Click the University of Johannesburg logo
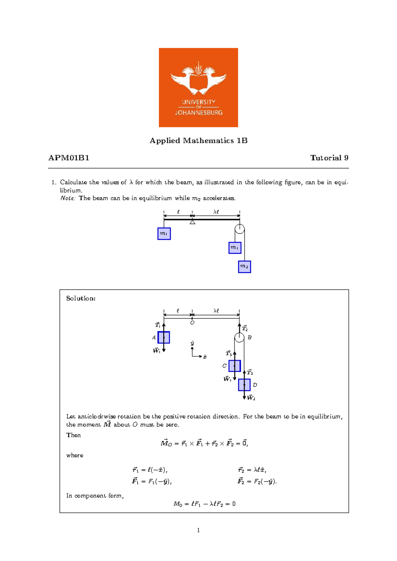pos(198,87)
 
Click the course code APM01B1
pos(69,158)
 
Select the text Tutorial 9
pos(329,158)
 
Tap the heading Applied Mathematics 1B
pos(198,141)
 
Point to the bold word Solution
pos(81,298)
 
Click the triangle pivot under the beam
pos(192,222)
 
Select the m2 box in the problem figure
pos(244,267)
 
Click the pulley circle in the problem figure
pos(240,229)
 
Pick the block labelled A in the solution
pos(164,337)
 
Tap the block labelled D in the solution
pos(244,385)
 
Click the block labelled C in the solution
pos(235,366)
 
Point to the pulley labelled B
pos(239,338)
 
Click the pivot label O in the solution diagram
pos(192,323)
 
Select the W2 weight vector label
pos(251,398)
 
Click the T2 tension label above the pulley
pos(245,328)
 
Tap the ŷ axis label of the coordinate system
pos(192,343)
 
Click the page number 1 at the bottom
pos(198,530)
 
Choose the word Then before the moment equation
pos(73,435)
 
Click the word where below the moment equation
pos(75,455)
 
